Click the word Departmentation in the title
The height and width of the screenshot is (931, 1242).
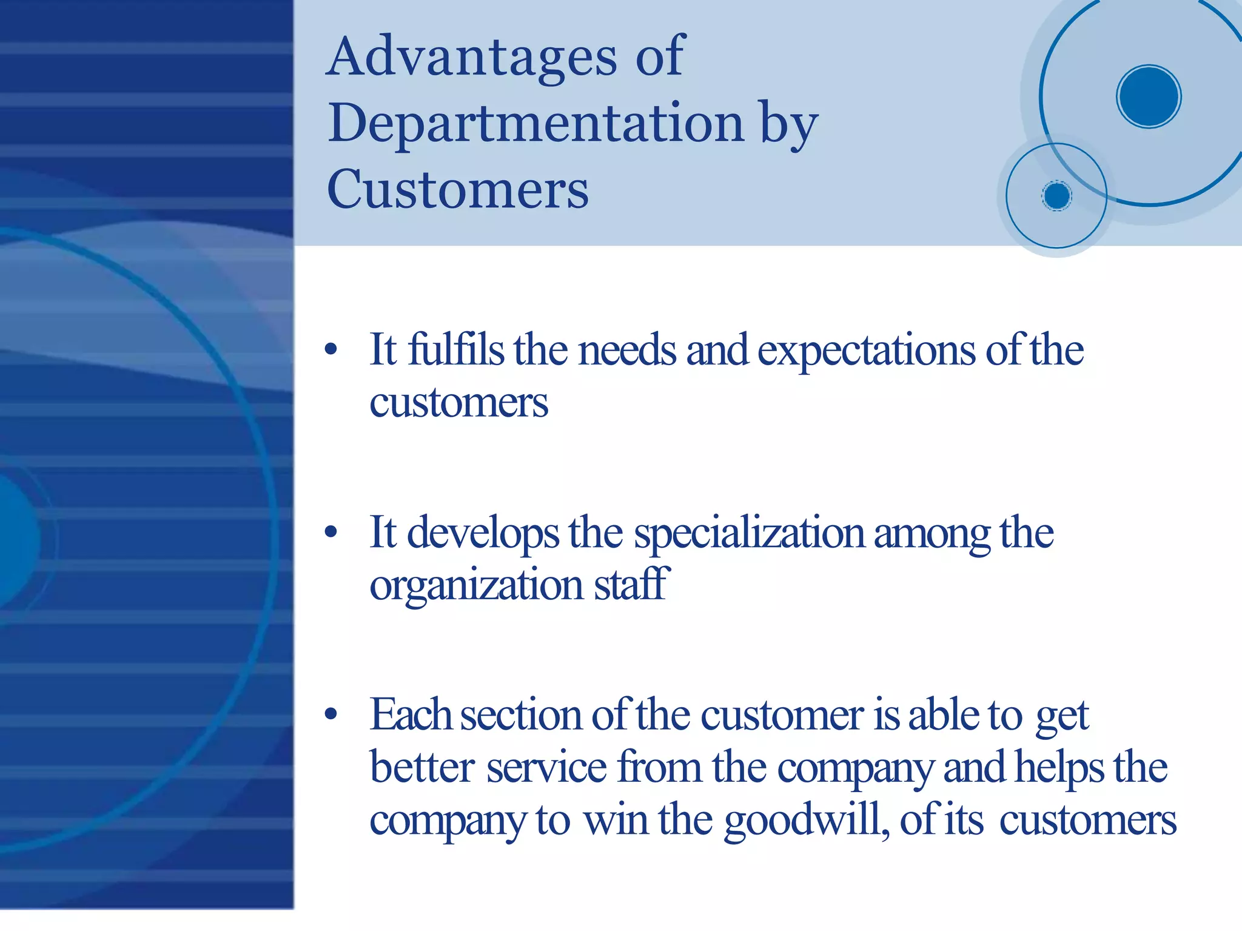click(x=536, y=124)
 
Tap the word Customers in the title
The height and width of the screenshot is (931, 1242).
click(x=457, y=189)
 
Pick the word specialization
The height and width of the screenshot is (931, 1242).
click(x=749, y=534)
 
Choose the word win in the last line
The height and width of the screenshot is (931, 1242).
click(x=616, y=820)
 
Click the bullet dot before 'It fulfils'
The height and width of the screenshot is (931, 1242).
click(x=331, y=349)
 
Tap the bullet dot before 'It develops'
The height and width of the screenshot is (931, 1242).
click(x=331, y=533)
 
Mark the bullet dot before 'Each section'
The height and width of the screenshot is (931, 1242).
click(x=331, y=714)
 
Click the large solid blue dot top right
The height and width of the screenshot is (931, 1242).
click(x=1149, y=96)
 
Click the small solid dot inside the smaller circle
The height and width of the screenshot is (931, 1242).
click(x=1057, y=196)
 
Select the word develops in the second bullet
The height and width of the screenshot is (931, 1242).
click(x=483, y=534)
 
